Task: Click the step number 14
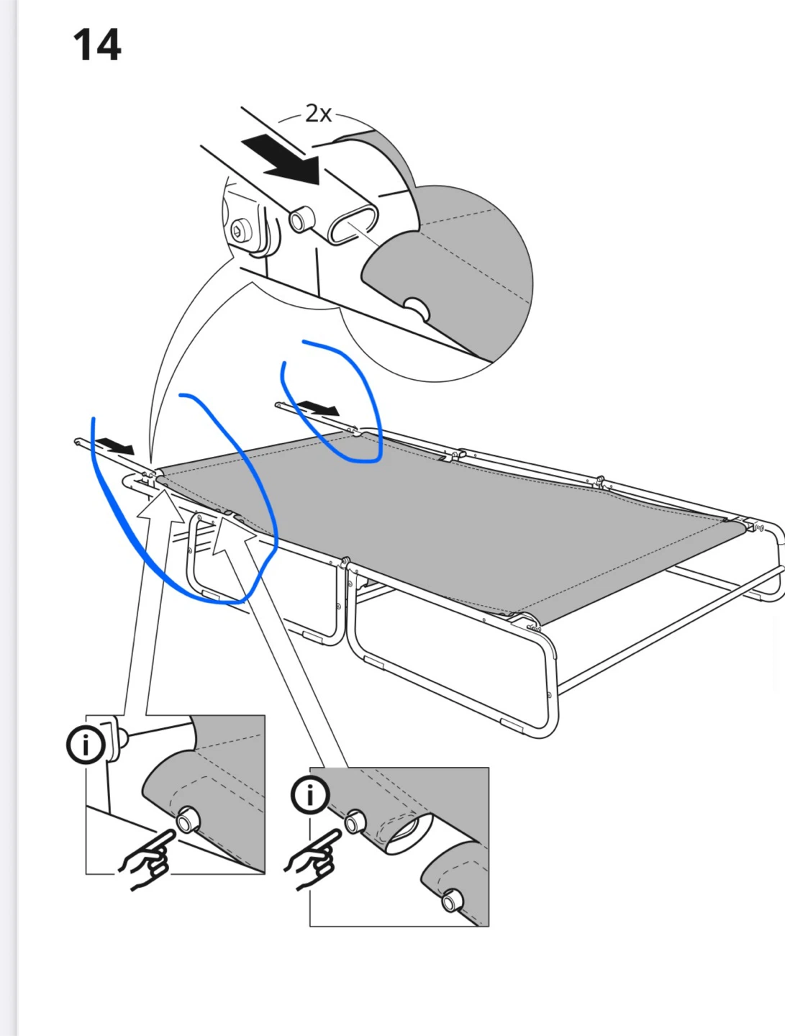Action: point(97,45)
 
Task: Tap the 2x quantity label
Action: point(318,113)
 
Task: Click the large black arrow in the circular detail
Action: point(283,160)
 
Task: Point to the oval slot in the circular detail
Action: point(353,224)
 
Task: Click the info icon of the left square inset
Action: point(86,746)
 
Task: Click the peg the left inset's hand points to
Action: point(188,820)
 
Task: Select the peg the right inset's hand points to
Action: point(355,822)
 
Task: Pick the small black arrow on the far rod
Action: point(319,407)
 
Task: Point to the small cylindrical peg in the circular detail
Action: point(301,219)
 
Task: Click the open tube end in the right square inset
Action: point(407,831)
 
